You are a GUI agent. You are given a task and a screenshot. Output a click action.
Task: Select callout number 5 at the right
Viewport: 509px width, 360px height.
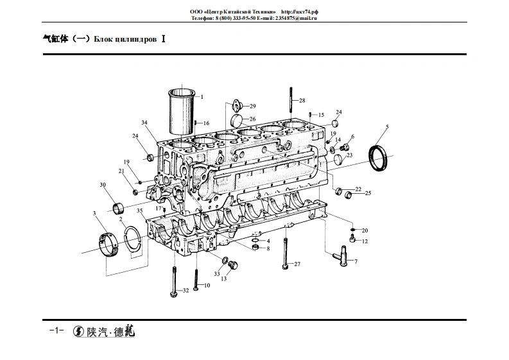pos(387,127)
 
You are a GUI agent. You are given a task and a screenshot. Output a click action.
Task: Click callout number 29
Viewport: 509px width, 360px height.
pos(253,105)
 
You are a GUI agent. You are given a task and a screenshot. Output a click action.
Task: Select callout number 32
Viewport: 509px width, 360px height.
pos(185,291)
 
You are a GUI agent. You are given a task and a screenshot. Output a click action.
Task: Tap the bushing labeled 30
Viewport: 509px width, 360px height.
pos(117,207)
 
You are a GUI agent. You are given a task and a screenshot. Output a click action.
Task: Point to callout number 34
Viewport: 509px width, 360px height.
pos(144,123)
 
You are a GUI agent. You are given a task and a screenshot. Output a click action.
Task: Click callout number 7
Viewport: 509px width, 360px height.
pos(356,262)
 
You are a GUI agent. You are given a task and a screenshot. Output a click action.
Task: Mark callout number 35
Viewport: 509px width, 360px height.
pos(139,210)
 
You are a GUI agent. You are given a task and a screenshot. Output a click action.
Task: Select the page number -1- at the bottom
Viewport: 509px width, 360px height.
pos(54,330)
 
